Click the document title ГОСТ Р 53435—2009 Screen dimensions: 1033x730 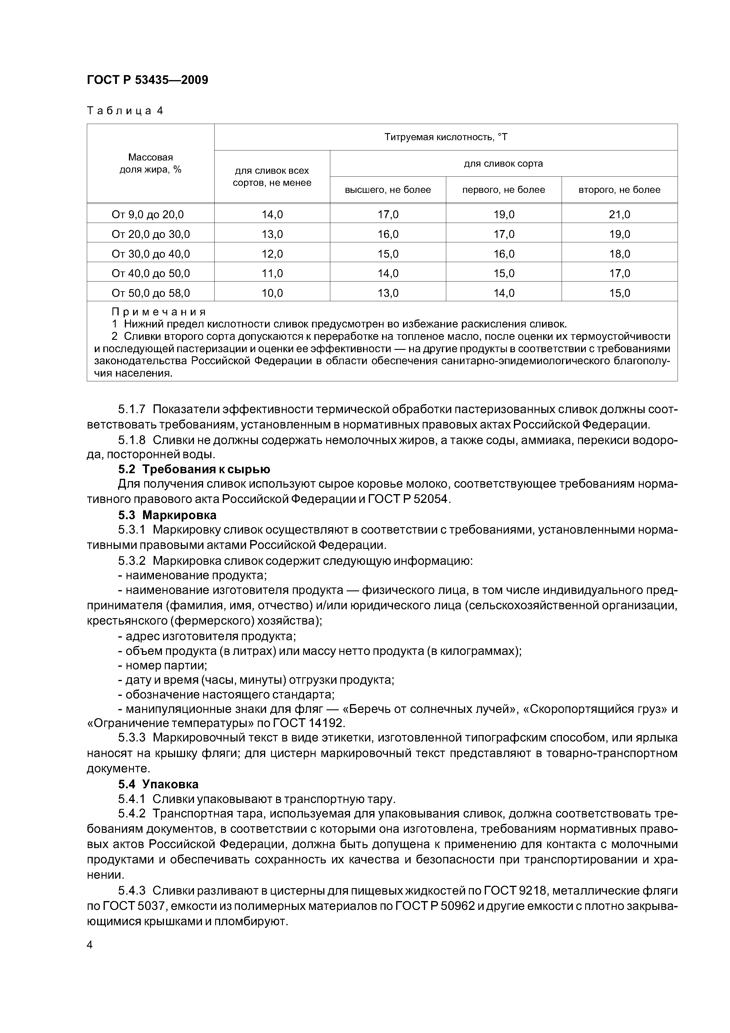[147, 80]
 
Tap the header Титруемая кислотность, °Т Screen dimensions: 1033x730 [445, 137]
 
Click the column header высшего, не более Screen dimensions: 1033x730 [388, 190]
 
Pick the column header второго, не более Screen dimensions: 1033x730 [619, 190]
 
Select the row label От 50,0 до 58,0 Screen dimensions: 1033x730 [151, 293]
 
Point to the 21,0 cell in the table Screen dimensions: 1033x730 [619, 215]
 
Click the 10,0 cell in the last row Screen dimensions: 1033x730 [272, 293]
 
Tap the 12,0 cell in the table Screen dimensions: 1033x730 [272, 254]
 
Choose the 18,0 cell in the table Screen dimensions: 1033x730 [619, 254]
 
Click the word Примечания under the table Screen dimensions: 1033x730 [158, 312]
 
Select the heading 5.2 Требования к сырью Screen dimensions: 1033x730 [194, 469]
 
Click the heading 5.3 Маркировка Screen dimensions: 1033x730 [167, 515]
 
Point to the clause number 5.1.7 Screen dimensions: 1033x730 [132, 409]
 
